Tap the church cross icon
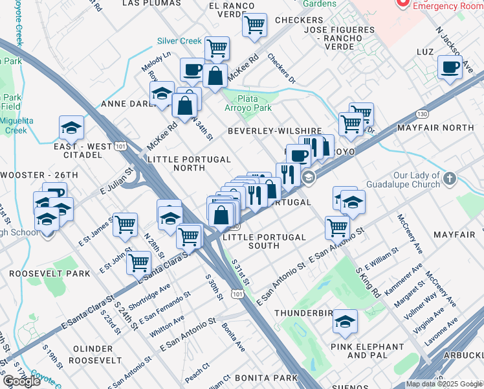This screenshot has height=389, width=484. click(450, 177)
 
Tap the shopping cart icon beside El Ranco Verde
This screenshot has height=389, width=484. click(255, 25)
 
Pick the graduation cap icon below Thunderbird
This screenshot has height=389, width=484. click(345, 321)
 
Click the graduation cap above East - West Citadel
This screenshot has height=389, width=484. click(71, 127)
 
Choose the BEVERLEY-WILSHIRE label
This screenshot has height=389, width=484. click(274, 130)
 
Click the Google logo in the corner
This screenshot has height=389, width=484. click(21, 381)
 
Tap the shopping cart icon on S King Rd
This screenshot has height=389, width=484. click(337, 227)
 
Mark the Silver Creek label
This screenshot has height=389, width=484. click(179, 41)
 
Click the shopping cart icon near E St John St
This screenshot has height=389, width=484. click(125, 224)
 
